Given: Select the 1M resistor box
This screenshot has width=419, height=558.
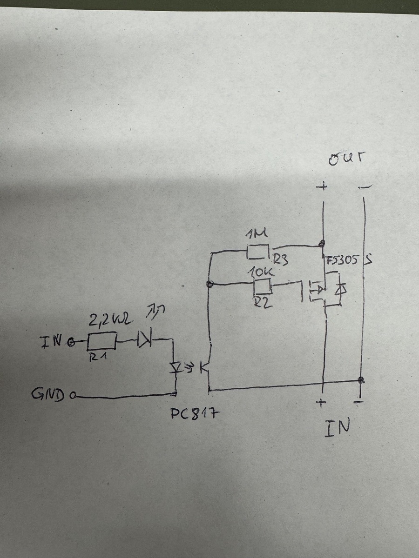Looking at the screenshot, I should [x=258, y=252].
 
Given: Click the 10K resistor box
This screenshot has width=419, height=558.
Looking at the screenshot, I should [x=262, y=287].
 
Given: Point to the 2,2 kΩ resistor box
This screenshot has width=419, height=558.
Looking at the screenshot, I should [x=102, y=341].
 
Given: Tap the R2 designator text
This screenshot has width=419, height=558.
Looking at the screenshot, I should [x=264, y=303].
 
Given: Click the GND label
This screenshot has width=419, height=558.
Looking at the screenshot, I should [x=49, y=396].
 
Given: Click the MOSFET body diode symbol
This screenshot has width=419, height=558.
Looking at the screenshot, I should [x=341, y=290].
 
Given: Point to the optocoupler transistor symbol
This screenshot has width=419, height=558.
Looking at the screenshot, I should [x=205, y=367].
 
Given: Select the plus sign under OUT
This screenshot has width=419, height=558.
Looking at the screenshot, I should [x=321, y=187].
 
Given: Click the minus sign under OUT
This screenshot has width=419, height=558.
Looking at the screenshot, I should [x=365, y=187].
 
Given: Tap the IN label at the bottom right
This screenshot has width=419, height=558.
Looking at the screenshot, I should [x=338, y=426].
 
